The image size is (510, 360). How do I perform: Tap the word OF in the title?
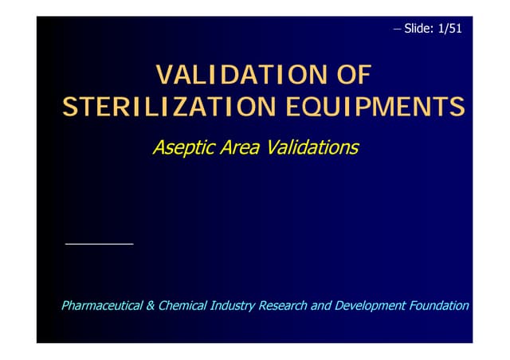coord(349,76)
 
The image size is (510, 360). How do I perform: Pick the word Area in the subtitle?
coord(241,148)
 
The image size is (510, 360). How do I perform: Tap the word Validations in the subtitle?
coord(313,148)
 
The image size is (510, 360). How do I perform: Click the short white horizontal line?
coord(99,243)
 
